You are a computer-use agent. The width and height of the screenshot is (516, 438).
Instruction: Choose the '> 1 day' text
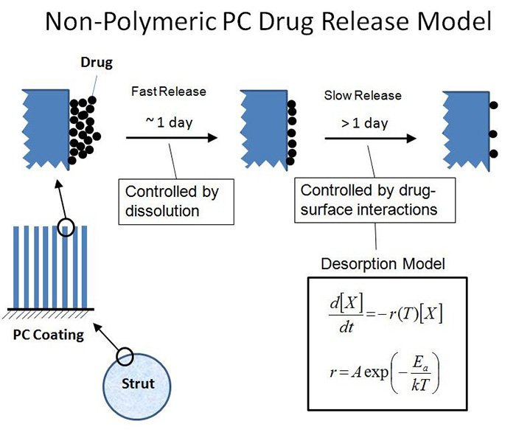364,123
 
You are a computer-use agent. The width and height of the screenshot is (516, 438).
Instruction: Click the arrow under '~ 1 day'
171,138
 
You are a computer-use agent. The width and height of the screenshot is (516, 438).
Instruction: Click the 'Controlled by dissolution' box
176,200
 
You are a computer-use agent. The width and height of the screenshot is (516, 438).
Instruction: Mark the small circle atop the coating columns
68,228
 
